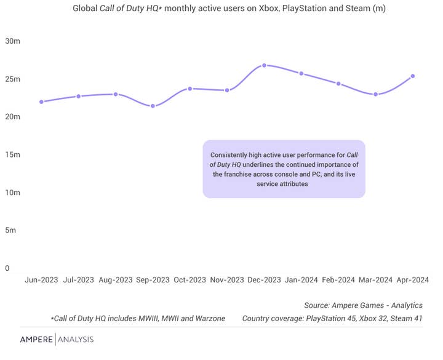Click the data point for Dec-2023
pyautogui.click(x=264, y=65)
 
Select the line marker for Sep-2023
pyautogui.click(x=153, y=106)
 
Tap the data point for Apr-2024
pyautogui.click(x=413, y=76)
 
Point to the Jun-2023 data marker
pyautogui.click(x=41, y=102)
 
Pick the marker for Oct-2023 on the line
pyautogui.click(x=190, y=89)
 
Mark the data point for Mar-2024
pyautogui.click(x=376, y=94)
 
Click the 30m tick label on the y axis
pyautogui.click(x=13, y=41)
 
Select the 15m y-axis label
pyautogui.click(x=13, y=154)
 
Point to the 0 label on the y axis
pyautogui.click(x=7, y=268)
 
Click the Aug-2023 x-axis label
pyautogui.click(x=115, y=279)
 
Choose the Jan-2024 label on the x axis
pyautogui.click(x=301, y=279)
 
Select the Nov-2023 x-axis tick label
pyautogui.click(x=226, y=279)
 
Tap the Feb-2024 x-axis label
pyautogui.click(x=338, y=279)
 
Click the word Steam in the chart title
pyautogui.click(x=357, y=9)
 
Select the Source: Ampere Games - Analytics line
pyautogui.click(x=363, y=305)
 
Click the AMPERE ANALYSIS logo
pyautogui.click(x=57, y=339)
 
